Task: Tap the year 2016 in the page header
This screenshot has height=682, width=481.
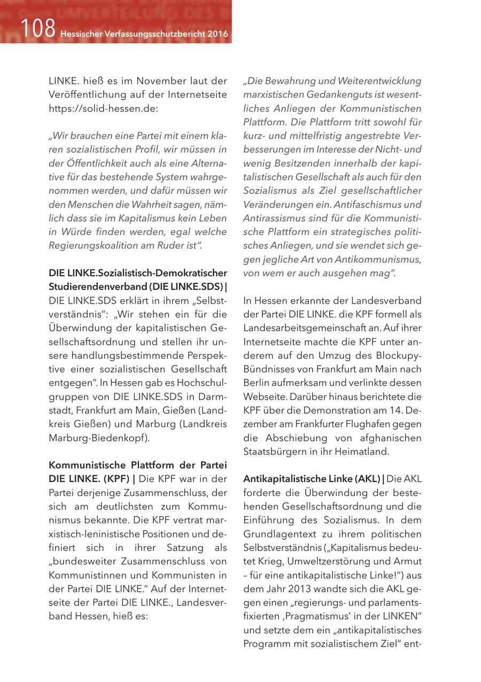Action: click(218, 34)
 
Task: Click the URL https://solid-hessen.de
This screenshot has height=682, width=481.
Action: click(100, 108)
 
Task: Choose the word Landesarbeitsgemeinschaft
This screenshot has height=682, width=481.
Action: click(300, 328)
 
